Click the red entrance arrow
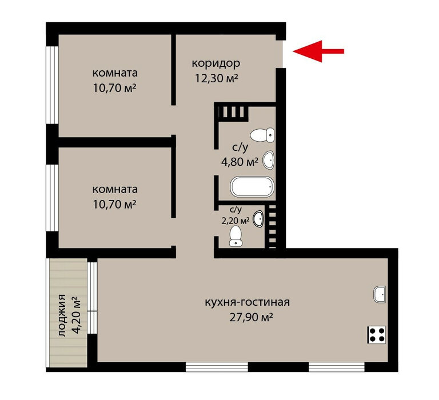tap(318, 51)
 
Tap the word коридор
tap(216, 63)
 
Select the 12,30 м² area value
tap(216, 78)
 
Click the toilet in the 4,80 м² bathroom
tap(262, 135)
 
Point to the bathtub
tap(252, 187)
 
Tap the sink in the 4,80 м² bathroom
tap(268, 160)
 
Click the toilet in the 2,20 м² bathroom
tap(236, 236)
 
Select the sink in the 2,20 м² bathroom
tap(258, 219)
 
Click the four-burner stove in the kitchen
tap(377, 334)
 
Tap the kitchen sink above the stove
tap(380, 294)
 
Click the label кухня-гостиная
tap(247, 302)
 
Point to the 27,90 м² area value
tap(251, 318)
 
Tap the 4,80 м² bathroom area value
tap(240, 162)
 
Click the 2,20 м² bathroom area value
tap(235, 221)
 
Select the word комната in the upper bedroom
tap(115, 73)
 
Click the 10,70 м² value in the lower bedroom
tap(114, 205)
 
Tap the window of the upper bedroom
tap(53, 85)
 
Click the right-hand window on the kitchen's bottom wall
tap(337, 366)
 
